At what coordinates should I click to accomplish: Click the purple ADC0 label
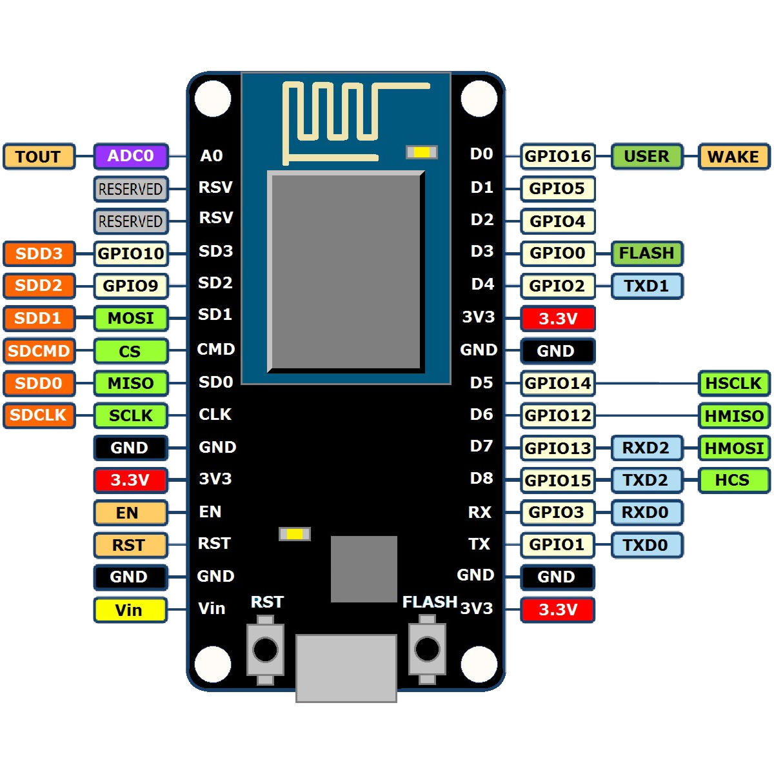pos(131,156)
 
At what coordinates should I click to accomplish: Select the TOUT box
pos(39,157)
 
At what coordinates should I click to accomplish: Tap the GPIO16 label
pos(557,157)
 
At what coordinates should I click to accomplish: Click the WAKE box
pos(733,157)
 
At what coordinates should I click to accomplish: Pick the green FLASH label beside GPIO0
pos(646,253)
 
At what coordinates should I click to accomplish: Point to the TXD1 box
pos(646,286)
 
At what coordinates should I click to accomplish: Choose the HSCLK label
pos(733,383)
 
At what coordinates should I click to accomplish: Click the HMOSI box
pos(733,448)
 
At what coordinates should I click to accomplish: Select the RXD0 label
pos(646,513)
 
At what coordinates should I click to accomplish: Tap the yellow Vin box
pos(130,610)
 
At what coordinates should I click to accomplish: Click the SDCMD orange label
pos(39,351)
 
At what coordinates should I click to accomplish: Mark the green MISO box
pos(131,383)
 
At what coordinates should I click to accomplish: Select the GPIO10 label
pos(131,253)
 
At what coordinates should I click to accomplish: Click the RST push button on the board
pos(265,650)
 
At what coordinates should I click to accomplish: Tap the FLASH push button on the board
pos(427,649)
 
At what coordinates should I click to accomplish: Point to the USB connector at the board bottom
pos(346,668)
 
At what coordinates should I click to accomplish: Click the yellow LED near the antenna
pos(422,152)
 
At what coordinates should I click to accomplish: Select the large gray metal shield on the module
pos(346,272)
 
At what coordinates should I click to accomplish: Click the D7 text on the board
pos(481,446)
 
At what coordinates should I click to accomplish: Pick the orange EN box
pos(130,513)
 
